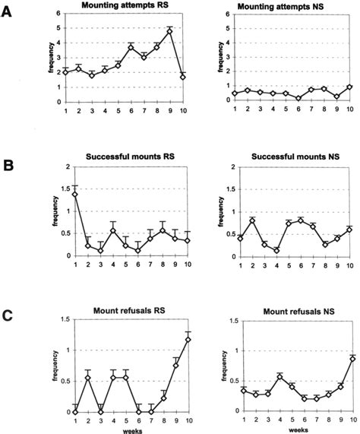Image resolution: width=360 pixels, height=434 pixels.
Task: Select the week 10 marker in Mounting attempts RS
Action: [x=184, y=77]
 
